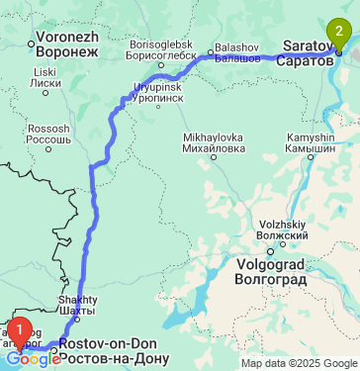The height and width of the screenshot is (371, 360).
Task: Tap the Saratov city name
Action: (310, 51)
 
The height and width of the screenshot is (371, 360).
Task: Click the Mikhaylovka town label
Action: (214, 142)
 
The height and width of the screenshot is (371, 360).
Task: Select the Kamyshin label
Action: (311, 142)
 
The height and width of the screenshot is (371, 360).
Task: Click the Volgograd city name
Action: (272, 271)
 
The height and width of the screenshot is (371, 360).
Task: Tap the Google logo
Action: (33, 359)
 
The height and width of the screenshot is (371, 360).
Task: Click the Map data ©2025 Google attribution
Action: (299, 363)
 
